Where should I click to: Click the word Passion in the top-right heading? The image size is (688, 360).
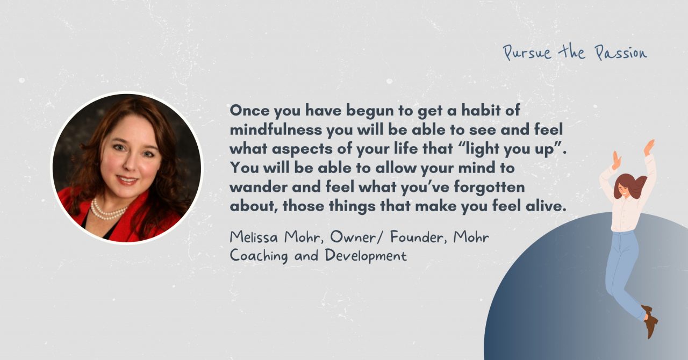(621, 53)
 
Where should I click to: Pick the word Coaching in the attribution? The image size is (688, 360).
(259, 255)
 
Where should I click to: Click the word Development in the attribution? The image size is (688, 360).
(365, 255)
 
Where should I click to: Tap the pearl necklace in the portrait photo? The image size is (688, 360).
(107, 211)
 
